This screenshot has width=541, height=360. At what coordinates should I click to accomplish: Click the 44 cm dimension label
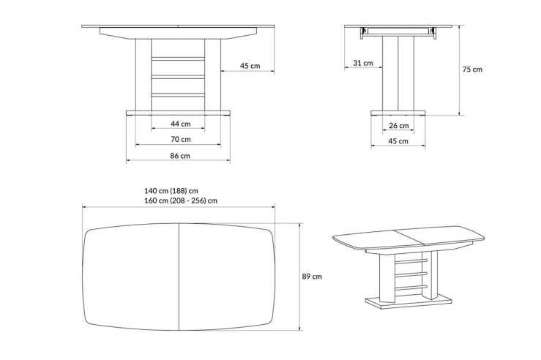pos(180,123)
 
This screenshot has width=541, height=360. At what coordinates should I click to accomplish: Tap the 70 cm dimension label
pos(180,139)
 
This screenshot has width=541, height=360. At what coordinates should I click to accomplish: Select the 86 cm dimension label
pos(180,155)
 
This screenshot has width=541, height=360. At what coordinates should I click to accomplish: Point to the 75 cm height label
pos(472,70)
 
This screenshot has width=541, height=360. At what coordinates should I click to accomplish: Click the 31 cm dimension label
pos(362,63)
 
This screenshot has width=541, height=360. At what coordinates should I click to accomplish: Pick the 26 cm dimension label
pos(398,124)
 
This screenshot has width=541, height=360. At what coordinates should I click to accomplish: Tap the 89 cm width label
pos(312,277)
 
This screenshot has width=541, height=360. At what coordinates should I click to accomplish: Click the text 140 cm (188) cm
pos(176,190)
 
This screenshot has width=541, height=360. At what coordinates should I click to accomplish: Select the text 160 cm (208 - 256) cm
pos(181,200)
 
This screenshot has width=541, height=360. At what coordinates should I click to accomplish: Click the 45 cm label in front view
pos(250,66)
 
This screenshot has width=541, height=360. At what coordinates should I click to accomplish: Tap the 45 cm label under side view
pos(398,140)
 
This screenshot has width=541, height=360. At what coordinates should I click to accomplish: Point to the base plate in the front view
pos(178,113)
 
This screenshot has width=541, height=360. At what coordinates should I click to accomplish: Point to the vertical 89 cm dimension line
pos(299,277)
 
